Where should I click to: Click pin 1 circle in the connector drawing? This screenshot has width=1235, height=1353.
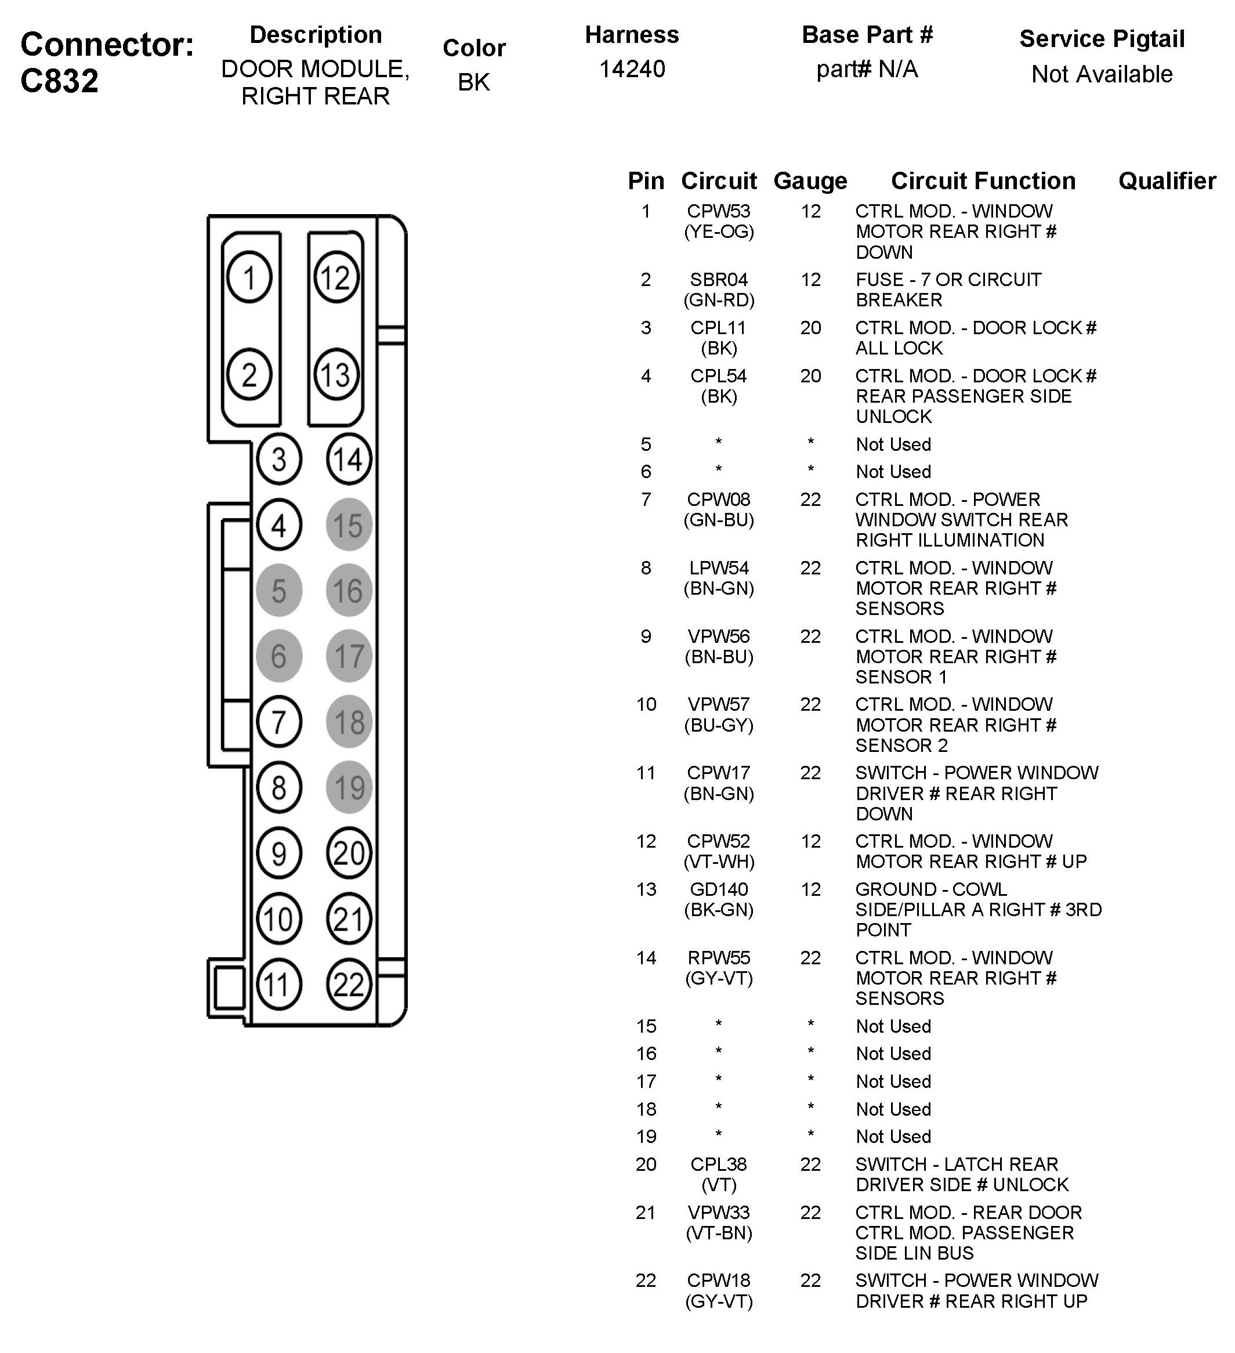coord(249,277)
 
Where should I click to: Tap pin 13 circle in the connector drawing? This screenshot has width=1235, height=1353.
coord(336,374)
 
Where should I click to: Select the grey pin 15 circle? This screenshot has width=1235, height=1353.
coord(348,525)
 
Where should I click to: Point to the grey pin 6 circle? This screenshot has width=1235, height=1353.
coord(278,656)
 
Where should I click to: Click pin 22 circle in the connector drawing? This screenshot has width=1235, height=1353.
coord(348,985)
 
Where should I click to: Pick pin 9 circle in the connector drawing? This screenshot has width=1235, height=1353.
coord(278,853)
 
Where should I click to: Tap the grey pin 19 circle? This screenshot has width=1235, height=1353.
coord(348,787)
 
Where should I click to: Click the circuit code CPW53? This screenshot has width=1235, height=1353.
coord(719,211)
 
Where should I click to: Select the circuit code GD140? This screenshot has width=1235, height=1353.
coord(719,889)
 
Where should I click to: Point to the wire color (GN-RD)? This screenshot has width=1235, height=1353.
coord(719,300)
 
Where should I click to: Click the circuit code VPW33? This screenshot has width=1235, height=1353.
coord(719,1212)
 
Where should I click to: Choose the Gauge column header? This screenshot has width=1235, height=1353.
coord(810,181)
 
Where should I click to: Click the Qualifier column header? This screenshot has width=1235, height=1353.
coord(1167,181)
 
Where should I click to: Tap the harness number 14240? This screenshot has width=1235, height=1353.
coord(632,69)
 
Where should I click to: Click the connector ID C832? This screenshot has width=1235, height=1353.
coord(60,81)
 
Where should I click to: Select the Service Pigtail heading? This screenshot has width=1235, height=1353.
coord(1102,39)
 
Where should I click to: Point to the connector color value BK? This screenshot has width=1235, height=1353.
coord(473,82)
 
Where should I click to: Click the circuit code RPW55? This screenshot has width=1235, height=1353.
coord(719,958)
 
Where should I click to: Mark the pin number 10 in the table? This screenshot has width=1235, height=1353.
coord(646,705)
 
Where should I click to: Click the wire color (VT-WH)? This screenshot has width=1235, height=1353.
coord(719,862)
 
